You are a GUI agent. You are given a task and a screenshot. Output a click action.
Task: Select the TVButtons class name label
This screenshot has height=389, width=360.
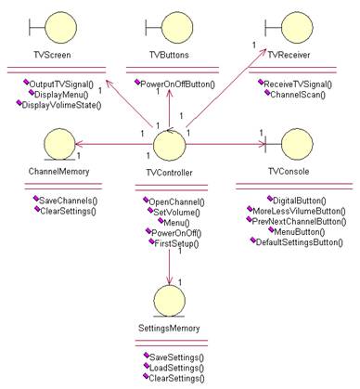tap(168, 55)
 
